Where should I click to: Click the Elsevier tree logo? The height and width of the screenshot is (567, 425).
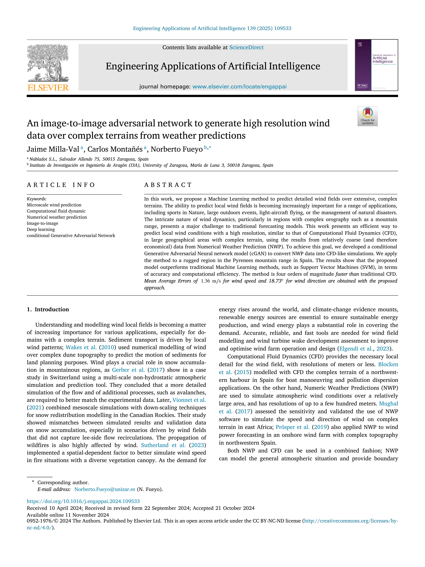(x=48, y=63)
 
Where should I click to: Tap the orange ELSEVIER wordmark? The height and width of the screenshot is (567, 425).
(x=48, y=88)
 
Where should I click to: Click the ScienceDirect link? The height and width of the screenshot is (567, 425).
(x=246, y=47)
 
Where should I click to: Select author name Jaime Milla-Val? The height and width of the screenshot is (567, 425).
(x=53, y=149)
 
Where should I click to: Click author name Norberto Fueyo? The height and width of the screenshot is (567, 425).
(x=177, y=149)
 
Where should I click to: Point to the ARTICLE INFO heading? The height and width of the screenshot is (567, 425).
(x=61, y=185)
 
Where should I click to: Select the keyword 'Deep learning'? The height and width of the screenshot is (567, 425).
(x=41, y=229)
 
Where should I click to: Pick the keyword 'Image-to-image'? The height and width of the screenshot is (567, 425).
(x=42, y=223)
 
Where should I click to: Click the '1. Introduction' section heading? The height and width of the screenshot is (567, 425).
(x=48, y=309)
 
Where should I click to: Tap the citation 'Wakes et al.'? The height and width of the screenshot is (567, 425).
(x=81, y=347)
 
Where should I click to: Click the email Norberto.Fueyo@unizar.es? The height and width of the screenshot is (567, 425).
(x=105, y=489)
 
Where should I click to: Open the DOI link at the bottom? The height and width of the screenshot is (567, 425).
(x=83, y=501)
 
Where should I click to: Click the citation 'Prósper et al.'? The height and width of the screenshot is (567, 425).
(x=293, y=427)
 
